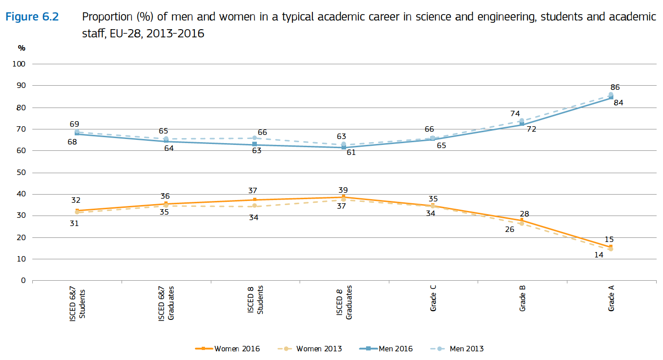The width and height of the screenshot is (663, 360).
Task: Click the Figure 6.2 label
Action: (32, 17)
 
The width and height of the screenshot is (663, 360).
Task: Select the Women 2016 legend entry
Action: (228, 349)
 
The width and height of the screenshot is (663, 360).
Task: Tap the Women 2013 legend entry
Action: (310, 349)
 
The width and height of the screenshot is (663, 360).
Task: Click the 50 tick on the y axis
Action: (21, 172)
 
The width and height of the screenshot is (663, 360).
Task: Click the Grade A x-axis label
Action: (611, 298)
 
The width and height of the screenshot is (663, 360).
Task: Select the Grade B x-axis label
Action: (522, 298)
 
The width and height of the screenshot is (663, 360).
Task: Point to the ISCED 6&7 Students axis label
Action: (78, 304)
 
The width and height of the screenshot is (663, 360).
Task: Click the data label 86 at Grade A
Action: (615, 87)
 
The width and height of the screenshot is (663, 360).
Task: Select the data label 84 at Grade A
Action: (618, 103)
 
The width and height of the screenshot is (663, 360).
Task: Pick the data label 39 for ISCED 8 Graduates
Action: (343, 190)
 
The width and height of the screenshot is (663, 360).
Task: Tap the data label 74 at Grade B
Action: (515, 114)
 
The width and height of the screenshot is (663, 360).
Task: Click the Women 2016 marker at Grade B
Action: (522, 221)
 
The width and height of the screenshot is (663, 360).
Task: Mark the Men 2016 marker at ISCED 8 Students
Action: (255, 144)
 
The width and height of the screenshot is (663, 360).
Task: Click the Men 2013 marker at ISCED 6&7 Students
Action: (77, 132)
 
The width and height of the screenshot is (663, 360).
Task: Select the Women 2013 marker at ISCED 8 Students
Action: (255, 206)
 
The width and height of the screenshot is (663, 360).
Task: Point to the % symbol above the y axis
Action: (21, 48)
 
